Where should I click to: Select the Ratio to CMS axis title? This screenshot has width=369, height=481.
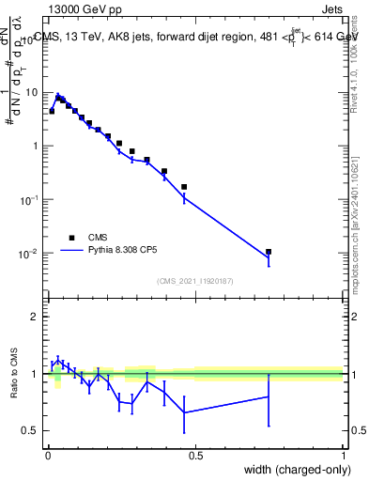pyautogui.click(x=13, y=389)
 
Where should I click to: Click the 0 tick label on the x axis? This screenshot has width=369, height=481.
pyautogui.click(x=48, y=456)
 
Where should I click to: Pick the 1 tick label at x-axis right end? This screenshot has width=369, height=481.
pyautogui.click(x=343, y=456)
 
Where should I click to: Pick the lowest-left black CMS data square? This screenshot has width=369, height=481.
pyautogui.click(x=52, y=111)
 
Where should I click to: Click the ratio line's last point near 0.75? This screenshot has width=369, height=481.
pyautogui.click(x=269, y=396)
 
